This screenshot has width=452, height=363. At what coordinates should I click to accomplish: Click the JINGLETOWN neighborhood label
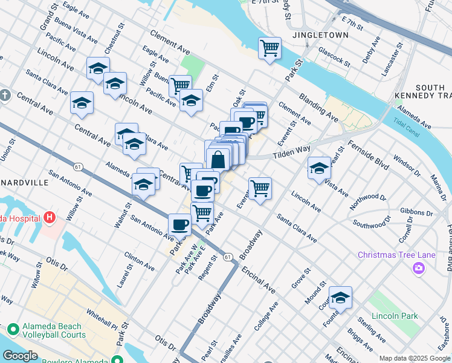[x=320, y=35]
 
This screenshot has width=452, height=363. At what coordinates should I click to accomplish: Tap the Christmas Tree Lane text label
[x=396, y=255]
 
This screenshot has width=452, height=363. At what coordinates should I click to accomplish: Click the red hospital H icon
[x=50, y=218]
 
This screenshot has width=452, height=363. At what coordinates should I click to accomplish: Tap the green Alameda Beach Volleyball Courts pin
[x=13, y=330]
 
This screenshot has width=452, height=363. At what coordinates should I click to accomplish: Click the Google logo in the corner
[x=20, y=356]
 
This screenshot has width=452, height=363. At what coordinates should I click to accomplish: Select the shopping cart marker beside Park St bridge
[x=270, y=48]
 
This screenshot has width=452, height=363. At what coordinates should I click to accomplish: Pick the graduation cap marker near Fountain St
[x=341, y=298]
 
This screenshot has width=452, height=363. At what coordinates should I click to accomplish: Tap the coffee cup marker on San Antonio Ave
[x=179, y=225]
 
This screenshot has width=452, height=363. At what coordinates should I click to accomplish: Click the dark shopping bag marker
[x=218, y=160]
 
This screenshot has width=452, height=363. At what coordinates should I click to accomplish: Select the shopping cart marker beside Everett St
[x=260, y=188]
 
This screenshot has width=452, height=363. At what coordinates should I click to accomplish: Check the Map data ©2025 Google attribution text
[x=415, y=358]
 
